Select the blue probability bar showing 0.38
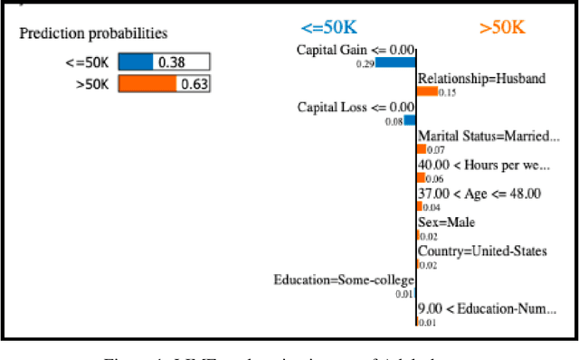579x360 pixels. point(138,62)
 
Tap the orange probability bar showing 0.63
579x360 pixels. point(148,84)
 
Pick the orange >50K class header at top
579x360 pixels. point(502,27)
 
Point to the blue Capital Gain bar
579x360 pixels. point(396,62)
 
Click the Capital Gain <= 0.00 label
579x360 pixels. point(356,50)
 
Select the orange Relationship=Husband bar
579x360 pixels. point(427,91)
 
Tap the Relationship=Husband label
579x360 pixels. point(481,79)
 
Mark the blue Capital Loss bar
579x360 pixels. point(411,119)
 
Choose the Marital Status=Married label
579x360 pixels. point(489,137)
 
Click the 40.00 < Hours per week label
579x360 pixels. point(483,165)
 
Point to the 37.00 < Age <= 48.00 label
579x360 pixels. point(479,193)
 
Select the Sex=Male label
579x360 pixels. point(446,222)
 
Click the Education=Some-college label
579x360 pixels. point(344,280)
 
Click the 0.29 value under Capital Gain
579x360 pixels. point(365,64)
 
